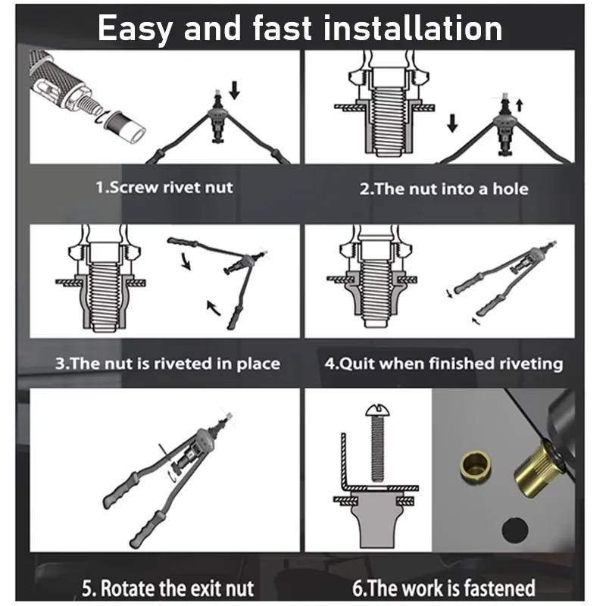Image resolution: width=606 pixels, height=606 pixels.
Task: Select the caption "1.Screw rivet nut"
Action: (164, 187)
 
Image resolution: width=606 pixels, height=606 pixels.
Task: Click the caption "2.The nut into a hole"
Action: (444, 187)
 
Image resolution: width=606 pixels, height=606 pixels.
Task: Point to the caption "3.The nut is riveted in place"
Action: (167, 363)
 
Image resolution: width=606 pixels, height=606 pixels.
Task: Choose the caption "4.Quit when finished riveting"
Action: (444, 363)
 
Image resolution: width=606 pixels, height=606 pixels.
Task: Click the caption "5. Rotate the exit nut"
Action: (167, 587)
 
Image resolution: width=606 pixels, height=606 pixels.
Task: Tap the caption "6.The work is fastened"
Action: (444, 587)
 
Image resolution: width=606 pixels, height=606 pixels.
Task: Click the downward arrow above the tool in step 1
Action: (234, 92)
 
